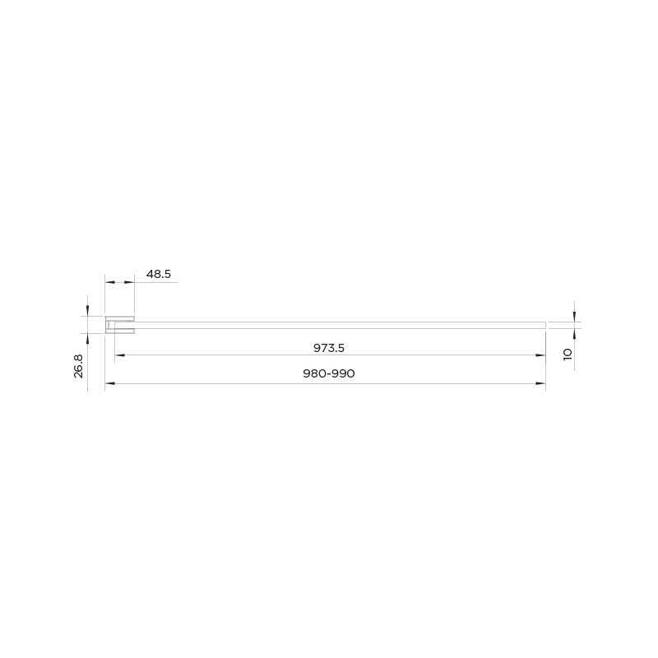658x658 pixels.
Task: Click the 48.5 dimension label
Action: tap(158, 275)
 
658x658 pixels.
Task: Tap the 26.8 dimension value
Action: tap(79, 365)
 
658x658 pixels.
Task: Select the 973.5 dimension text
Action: tap(328, 348)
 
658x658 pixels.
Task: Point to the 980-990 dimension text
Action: tap(328, 373)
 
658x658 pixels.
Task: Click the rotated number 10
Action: tap(567, 354)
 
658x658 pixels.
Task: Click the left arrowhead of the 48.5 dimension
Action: tap(109, 282)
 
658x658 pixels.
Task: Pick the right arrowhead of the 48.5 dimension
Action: tap(130, 282)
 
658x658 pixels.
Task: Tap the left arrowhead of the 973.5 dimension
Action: tap(119, 355)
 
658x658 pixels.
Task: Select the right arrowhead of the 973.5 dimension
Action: tap(540, 355)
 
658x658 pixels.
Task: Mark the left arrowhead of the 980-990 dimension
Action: tap(109, 384)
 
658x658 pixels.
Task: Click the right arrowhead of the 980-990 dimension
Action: tap(540, 384)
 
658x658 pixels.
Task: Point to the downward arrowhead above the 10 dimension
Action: tap(574, 317)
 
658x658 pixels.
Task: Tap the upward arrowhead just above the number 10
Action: tap(574, 332)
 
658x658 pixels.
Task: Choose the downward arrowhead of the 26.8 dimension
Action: tap(86, 311)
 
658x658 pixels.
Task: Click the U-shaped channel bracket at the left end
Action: tap(118, 325)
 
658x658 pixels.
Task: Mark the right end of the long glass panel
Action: tap(544, 325)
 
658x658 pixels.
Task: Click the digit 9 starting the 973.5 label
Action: tap(317, 348)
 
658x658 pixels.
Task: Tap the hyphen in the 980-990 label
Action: tap(328, 374)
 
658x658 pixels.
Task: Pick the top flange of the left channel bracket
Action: tap(120, 318)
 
